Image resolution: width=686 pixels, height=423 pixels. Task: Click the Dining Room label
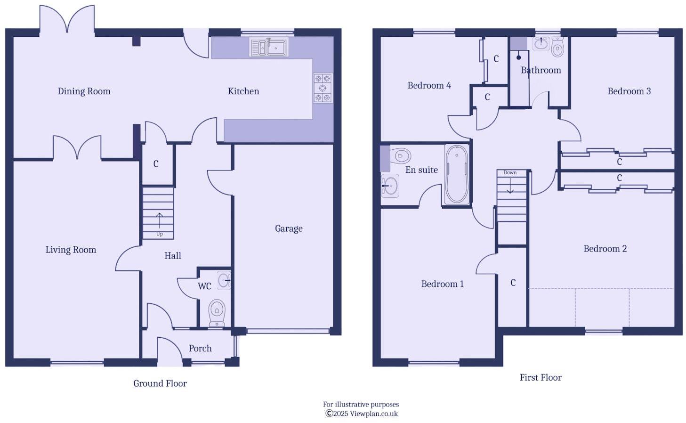coord(84,91)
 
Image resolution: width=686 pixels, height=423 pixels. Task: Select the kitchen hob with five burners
coord(323,88)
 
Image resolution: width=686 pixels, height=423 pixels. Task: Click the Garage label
coord(289,228)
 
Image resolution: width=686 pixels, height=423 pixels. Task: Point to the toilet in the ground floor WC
coord(217,311)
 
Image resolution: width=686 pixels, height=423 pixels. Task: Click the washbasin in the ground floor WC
coord(224,280)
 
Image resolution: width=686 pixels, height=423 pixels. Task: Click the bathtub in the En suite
coord(456,174)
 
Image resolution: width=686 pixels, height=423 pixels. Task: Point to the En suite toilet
coord(399,155)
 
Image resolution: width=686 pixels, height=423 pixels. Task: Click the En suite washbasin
coord(390,186)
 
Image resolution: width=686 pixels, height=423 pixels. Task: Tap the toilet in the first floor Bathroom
coord(557,48)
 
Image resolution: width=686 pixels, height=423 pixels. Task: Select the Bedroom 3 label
coord(629,91)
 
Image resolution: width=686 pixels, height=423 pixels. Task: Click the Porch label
coord(200,349)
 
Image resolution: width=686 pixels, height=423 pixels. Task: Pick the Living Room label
coord(71,250)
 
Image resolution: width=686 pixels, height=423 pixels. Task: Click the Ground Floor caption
coord(160,383)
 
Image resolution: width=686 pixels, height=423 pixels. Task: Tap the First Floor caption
coord(541,377)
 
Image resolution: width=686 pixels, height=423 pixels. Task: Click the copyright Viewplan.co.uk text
coord(361,414)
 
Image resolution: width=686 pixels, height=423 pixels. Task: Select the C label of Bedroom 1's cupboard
coord(513,283)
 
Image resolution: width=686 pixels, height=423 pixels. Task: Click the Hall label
coord(173,256)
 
